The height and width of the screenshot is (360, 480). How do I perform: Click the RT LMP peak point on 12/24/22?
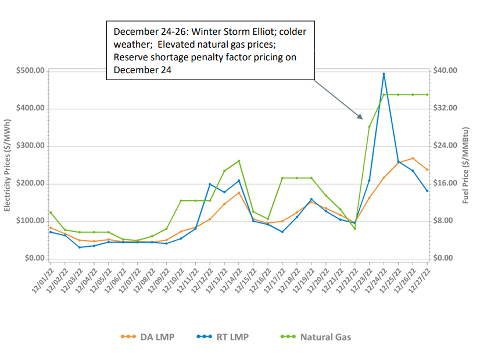click(x=384, y=74)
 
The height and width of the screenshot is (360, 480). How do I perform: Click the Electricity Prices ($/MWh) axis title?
click(x=8, y=164)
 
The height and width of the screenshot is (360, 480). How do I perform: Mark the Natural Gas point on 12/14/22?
click(x=239, y=161)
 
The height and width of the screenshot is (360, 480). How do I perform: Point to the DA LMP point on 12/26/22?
click(x=413, y=158)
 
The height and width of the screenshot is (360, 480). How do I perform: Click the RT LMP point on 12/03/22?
click(x=80, y=247)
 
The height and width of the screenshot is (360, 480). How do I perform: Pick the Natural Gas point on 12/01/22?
click(x=51, y=213)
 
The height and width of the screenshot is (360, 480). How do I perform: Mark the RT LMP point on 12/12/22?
click(x=210, y=184)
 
